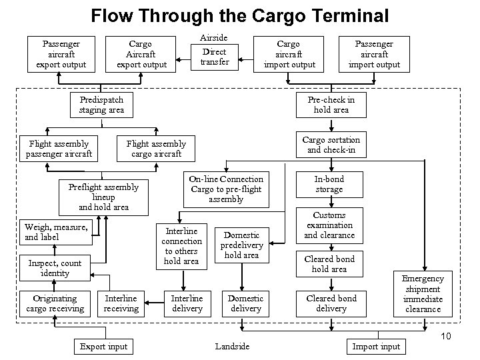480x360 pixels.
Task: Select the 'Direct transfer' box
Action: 215,57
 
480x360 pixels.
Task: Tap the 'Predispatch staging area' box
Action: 101,105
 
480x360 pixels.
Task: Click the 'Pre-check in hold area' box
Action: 331,105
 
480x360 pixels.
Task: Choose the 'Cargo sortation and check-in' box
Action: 331,145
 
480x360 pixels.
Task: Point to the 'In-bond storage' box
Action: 329,185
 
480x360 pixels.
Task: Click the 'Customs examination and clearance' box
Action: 329,225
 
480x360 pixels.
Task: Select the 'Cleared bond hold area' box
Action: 329,263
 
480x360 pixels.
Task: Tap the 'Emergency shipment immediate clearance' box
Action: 423,294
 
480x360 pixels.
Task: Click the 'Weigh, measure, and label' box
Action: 55,232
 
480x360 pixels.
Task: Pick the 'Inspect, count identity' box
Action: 55,268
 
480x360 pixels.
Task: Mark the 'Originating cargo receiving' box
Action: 55,303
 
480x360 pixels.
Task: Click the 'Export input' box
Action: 103,346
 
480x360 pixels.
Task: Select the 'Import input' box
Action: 376,346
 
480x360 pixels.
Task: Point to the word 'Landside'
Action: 233,346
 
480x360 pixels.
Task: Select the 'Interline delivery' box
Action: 187,303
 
